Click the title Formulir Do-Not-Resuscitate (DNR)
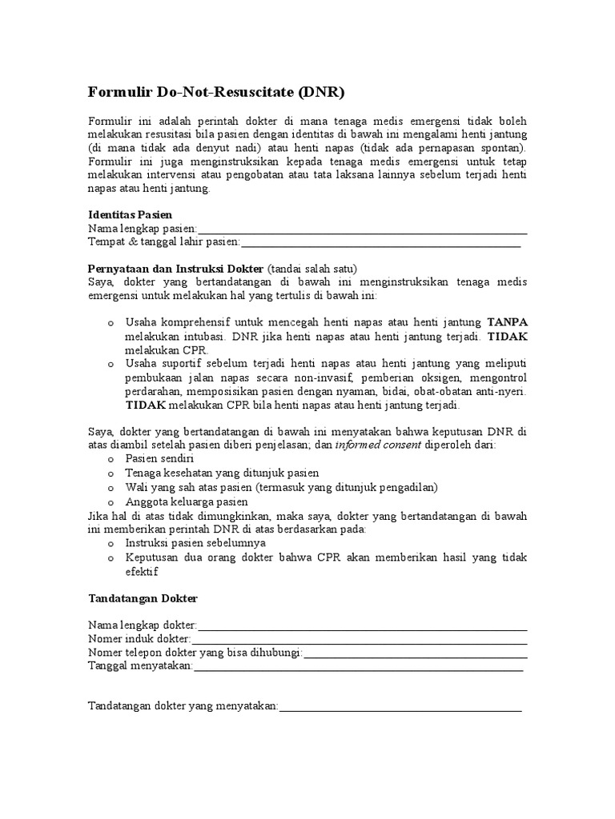pyautogui.click(x=215, y=92)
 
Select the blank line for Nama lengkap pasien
pyautogui.click(x=362, y=231)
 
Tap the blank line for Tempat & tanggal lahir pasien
pyautogui.click(x=380, y=243)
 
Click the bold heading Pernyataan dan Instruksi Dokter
pyautogui.click(x=175, y=268)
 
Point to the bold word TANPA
pyautogui.click(x=507, y=322)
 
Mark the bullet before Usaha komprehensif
pyautogui.click(x=111, y=323)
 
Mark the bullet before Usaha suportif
pyautogui.click(x=111, y=364)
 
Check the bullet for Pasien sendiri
pyautogui.click(x=111, y=459)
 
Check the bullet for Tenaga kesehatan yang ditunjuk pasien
pyautogui.click(x=111, y=473)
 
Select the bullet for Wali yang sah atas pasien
pyautogui.click(x=111, y=488)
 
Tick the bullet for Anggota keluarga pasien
pyautogui.click(x=111, y=501)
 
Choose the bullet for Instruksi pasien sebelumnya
pyautogui.click(x=111, y=543)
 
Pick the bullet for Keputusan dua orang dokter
pyautogui.click(x=111, y=557)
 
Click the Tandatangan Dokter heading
pyautogui.click(x=142, y=598)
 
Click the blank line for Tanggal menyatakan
pyautogui.click(x=358, y=668)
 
